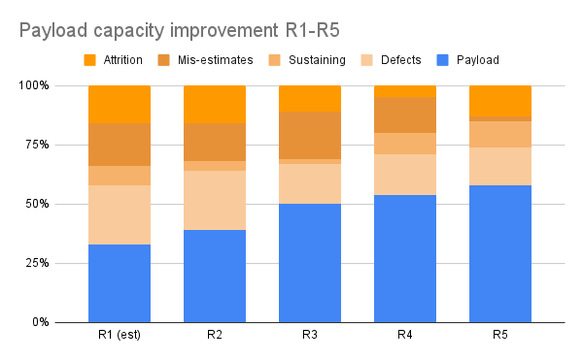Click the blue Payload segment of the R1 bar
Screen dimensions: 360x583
tap(119, 283)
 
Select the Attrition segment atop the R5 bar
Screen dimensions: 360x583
tap(500, 101)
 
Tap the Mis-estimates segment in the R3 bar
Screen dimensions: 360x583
tap(310, 135)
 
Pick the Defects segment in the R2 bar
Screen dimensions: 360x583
tap(215, 200)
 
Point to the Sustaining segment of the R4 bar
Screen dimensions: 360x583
tap(405, 143)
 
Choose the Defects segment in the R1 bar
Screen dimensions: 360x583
tap(119, 215)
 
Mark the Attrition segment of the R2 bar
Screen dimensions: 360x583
tap(215, 104)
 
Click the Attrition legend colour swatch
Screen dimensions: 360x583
tap(90, 60)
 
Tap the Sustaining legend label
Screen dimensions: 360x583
tap(317, 60)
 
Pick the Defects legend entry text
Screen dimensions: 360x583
tap(401, 60)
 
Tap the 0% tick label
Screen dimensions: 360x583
tap(41, 322)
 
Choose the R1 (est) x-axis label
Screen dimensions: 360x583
tap(119, 335)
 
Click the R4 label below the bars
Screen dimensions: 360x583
tap(405, 335)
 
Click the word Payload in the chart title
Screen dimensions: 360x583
tap(52, 31)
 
